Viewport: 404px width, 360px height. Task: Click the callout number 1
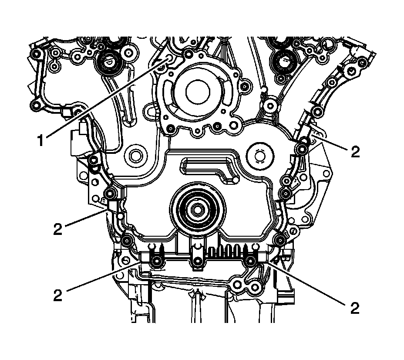pyautogui.click(x=40, y=140)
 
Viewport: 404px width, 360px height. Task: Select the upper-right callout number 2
pyautogui.click(x=355, y=152)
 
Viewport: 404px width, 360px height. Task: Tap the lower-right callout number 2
pyautogui.click(x=355, y=308)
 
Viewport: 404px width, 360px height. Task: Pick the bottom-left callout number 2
pyautogui.click(x=58, y=295)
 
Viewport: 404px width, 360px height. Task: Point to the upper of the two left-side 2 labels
pyautogui.click(x=58, y=229)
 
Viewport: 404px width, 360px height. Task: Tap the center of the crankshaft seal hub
pyautogui.click(x=197, y=209)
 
